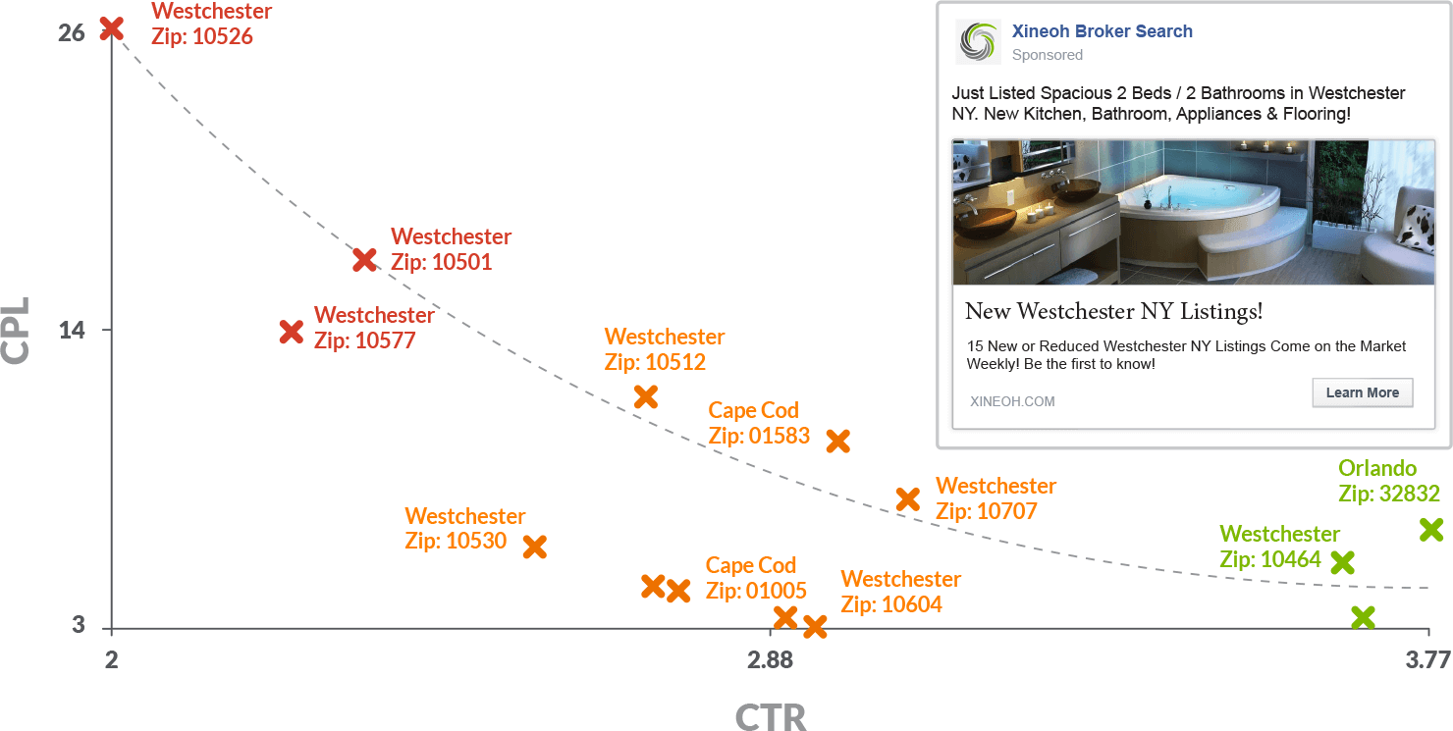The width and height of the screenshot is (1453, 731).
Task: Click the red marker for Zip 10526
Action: click(112, 27)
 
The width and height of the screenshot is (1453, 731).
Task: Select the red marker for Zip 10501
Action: click(365, 259)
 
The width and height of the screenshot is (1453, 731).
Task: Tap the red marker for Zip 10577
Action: click(291, 332)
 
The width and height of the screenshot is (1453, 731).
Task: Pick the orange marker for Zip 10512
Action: click(646, 396)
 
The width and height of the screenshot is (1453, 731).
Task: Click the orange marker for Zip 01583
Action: click(837, 441)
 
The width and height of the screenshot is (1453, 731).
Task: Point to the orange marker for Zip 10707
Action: click(908, 498)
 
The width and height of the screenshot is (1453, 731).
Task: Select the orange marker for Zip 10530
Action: click(535, 547)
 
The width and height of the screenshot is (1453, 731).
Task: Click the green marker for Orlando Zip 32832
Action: click(1431, 530)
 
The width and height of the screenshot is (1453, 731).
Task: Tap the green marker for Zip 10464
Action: click(1342, 562)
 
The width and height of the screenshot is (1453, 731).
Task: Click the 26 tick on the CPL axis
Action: click(72, 32)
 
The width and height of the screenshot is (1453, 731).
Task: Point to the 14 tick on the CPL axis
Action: click(72, 330)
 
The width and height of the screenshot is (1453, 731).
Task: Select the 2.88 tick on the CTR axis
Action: click(770, 660)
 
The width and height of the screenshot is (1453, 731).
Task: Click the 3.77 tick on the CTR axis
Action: click(1427, 660)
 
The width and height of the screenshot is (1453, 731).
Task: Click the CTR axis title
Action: click(771, 716)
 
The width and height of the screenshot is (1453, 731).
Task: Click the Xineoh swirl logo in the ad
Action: click(977, 41)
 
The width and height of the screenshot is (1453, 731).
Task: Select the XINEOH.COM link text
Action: click(1012, 401)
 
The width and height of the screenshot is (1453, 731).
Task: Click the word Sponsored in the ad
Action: click(1048, 55)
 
